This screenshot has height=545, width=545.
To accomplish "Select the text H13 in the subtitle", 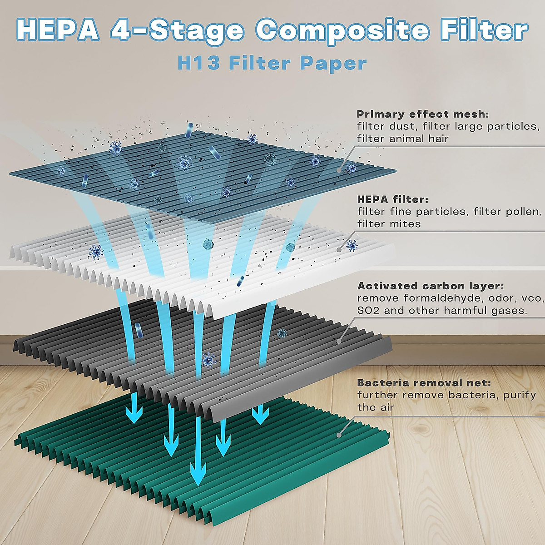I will (x=199, y=63).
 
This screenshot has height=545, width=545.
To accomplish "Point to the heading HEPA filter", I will (x=393, y=199).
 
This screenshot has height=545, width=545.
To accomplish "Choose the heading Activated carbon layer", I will (x=431, y=286).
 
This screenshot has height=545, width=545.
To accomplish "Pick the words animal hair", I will (x=418, y=139).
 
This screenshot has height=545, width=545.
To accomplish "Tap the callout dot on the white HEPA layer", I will (x=339, y=249).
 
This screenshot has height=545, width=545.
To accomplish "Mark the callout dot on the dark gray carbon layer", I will (x=338, y=341).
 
